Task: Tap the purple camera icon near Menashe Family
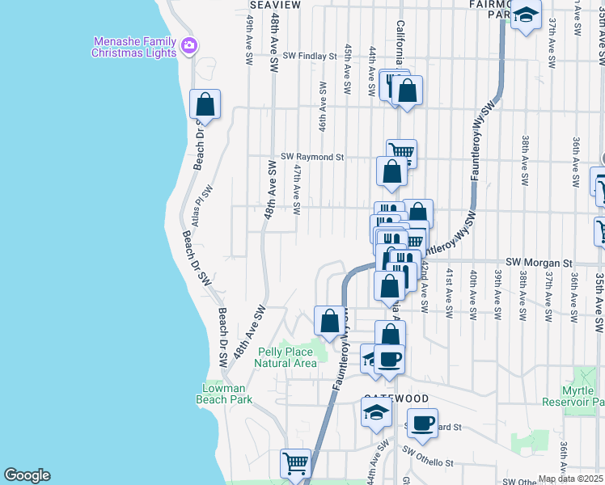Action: pyautogui.click(x=189, y=44)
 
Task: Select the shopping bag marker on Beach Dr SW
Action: pyautogui.click(x=205, y=105)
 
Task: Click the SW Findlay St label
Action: pyautogui.click(x=309, y=57)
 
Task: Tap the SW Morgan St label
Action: pyautogui.click(x=539, y=263)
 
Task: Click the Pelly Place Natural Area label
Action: pyautogui.click(x=286, y=357)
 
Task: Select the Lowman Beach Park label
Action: pyautogui.click(x=226, y=394)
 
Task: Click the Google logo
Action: pyautogui.click(x=27, y=475)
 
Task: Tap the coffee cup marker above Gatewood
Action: pyautogui.click(x=388, y=359)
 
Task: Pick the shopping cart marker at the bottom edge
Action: pyautogui.click(x=296, y=464)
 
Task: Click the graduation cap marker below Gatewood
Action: pyautogui.click(x=376, y=412)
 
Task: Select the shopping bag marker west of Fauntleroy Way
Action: pyautogui.click(x=329, y=321)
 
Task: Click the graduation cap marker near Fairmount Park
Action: pyautogui.click(x=526, y=15)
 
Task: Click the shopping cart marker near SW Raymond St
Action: pyautogui.click(x=401, y=151)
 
